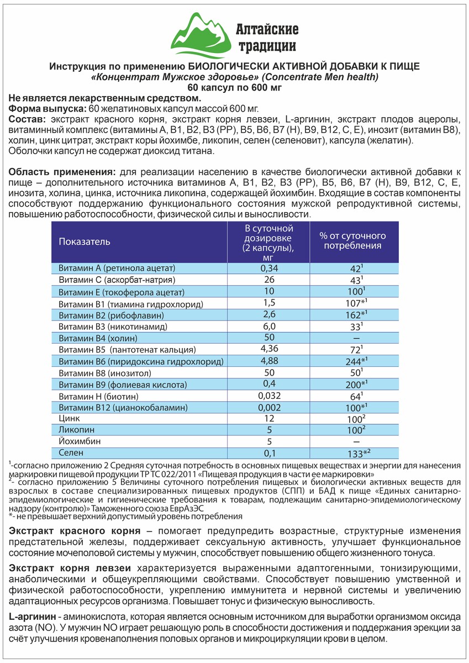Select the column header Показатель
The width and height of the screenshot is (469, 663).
pos(85,241)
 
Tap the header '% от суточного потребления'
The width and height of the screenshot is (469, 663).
pos(354,241)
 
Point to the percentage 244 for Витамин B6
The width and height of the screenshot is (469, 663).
pos(353,361)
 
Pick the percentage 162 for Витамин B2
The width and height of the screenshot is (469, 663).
pos(353,314)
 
